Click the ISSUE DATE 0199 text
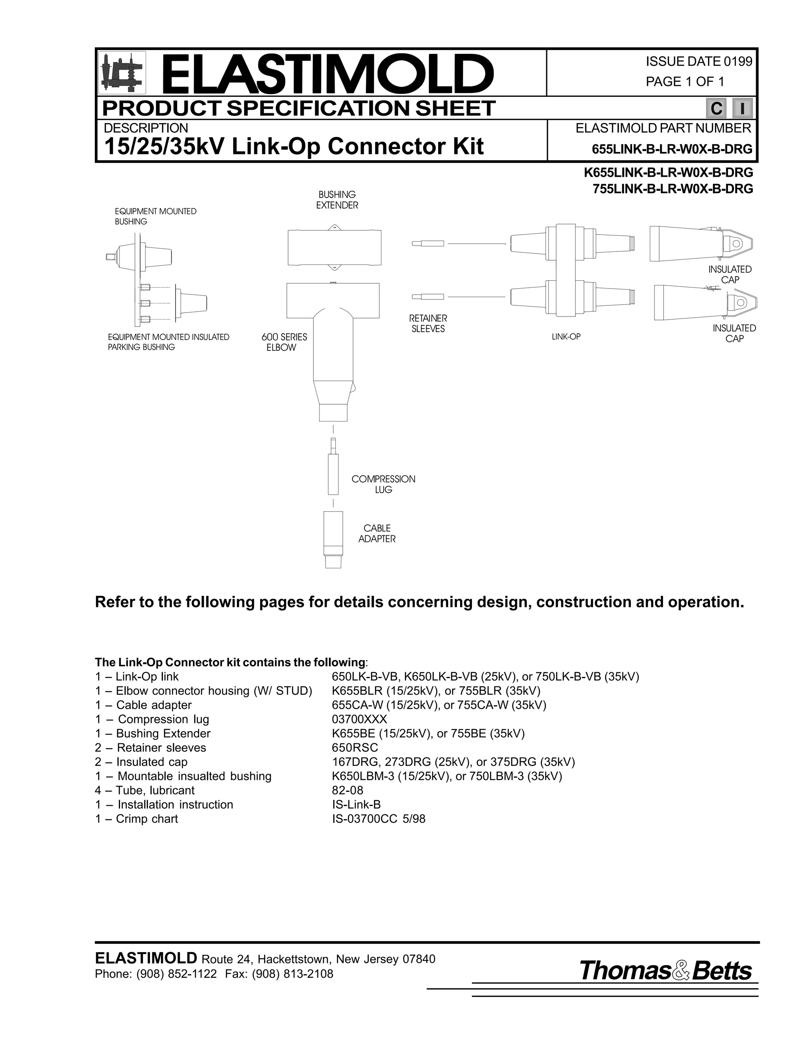click(x=699, y=62)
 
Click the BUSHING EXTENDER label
click(x=337, y=200)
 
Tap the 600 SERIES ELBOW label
click(x=284, y=342)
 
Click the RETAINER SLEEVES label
click(x=428, y=323)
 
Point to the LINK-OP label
click(x=566, y=337)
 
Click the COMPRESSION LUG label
click(x=383, y=484)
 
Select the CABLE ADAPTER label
click(x=377, y=533)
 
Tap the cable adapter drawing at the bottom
click(x=333, y=540)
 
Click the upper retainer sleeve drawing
click(x=428, y=244)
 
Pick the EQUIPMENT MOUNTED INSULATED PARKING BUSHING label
click(x=168, y=342)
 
